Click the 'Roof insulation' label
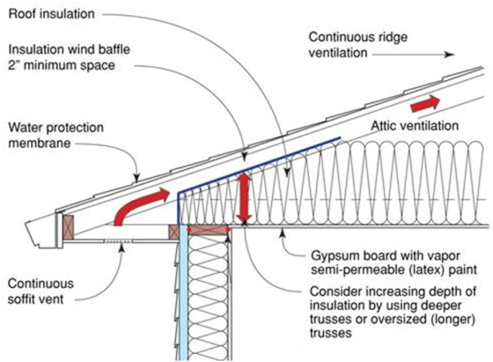click(x=52, y=14)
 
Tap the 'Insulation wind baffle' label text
click(x=70, y=49)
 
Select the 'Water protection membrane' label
click(x=56, y=136)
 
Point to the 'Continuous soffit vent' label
click(x=40, y=292)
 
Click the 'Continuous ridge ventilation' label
click(x=358, y=45)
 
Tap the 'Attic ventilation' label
click(x=415, y=126)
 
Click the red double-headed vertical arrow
click(x=245, y=198)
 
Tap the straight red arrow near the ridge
click(x=425, y=103)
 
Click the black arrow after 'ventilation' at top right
click(x=414, y=55)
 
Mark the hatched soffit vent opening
click(x=118, y=241)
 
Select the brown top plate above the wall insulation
click(x=208, y=230)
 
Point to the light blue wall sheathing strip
click(x=184, y=292)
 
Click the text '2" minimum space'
click(x=62, y=66)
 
